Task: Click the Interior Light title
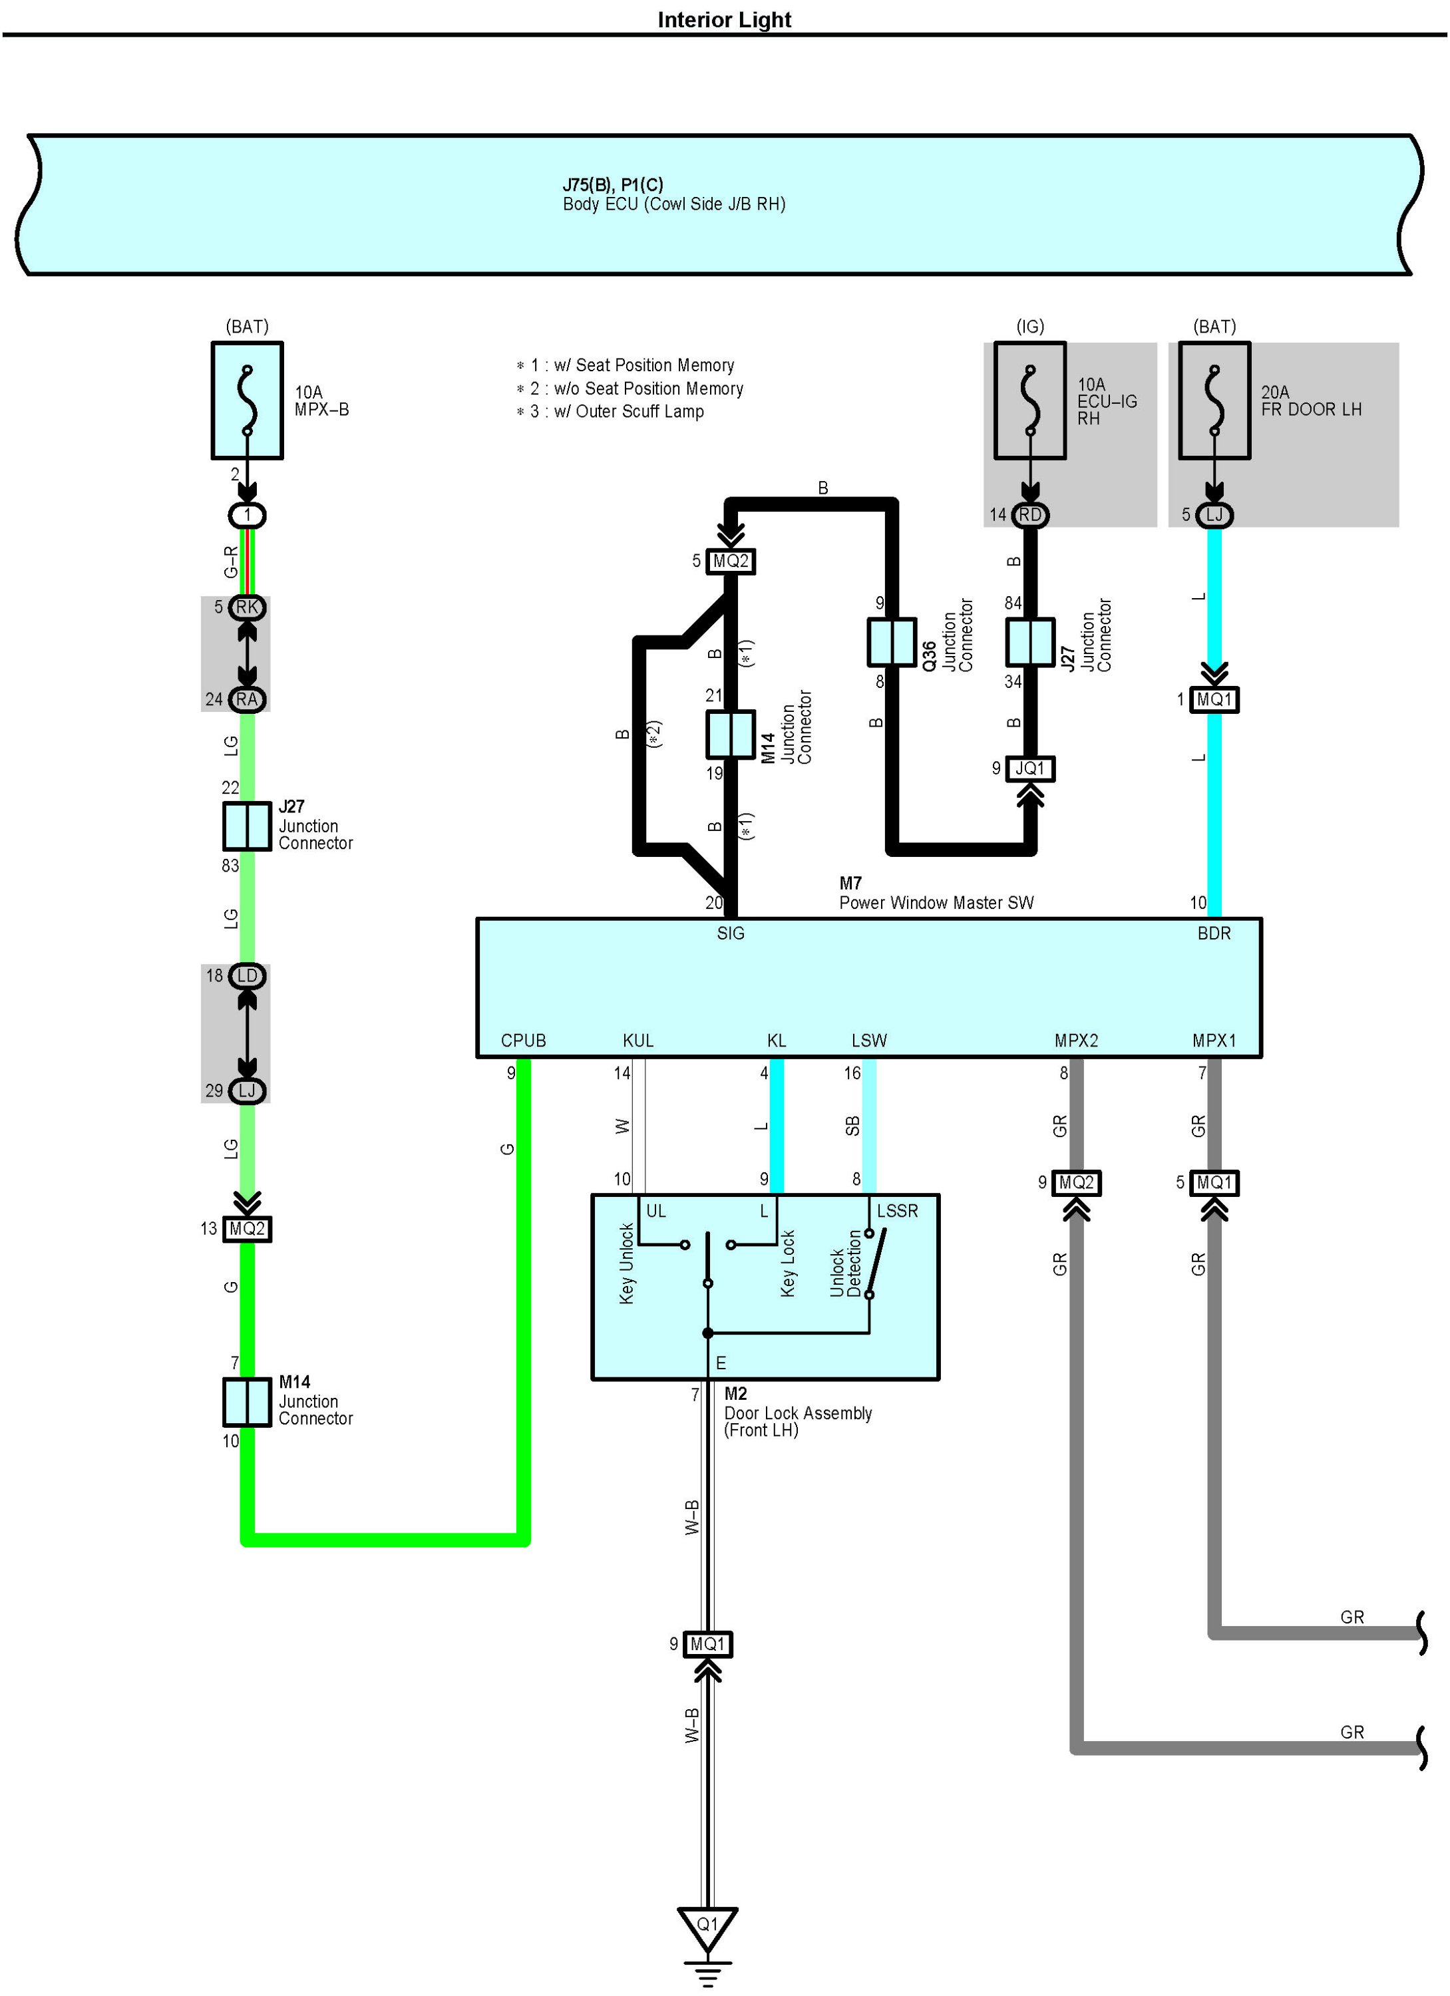(x=724, y=19)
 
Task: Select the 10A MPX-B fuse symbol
(x=248, y=401)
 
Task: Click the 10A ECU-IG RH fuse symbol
(x=1029, y=401)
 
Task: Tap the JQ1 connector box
(x=1029, y=768)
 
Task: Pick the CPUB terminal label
(x=523, y=1040)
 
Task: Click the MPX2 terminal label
(x=1076, y=1040)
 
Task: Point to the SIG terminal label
(x=730, y=933)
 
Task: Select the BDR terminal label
(x=1213, y=933)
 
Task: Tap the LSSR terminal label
(x=896, y=1211)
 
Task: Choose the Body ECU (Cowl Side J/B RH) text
(x=673, y=204)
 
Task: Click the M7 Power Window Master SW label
(x=936, y=894)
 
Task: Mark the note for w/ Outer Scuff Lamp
(x=616, y=412)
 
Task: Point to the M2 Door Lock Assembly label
(x=797, y=1413)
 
